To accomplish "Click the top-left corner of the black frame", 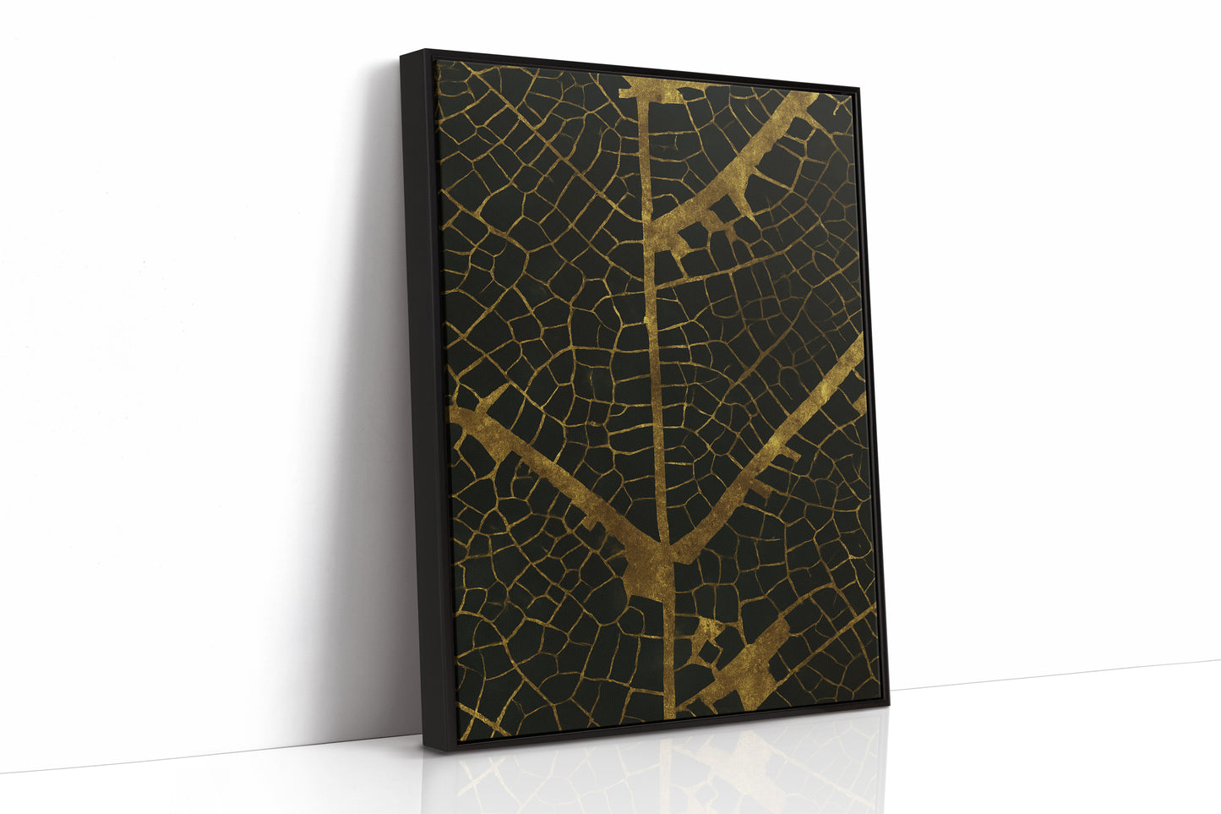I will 402,52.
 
